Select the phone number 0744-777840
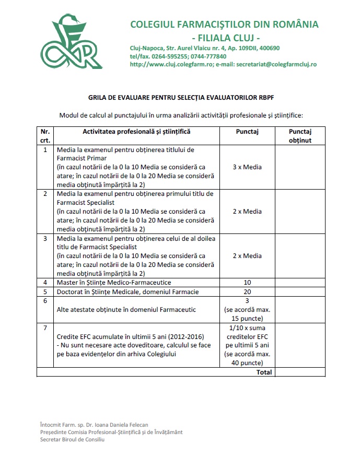pos(208,56)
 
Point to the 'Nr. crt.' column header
pos(45,136)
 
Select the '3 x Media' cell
pos(247,167)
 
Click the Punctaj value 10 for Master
pos(247,283)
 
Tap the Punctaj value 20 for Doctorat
pos(247,291)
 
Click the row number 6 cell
pos(45,301)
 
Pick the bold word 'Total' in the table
pos(263,372)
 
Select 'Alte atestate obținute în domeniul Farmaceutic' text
pos(126,310)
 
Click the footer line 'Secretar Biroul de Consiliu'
pos(72,440)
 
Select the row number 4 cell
pos(45,283)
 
